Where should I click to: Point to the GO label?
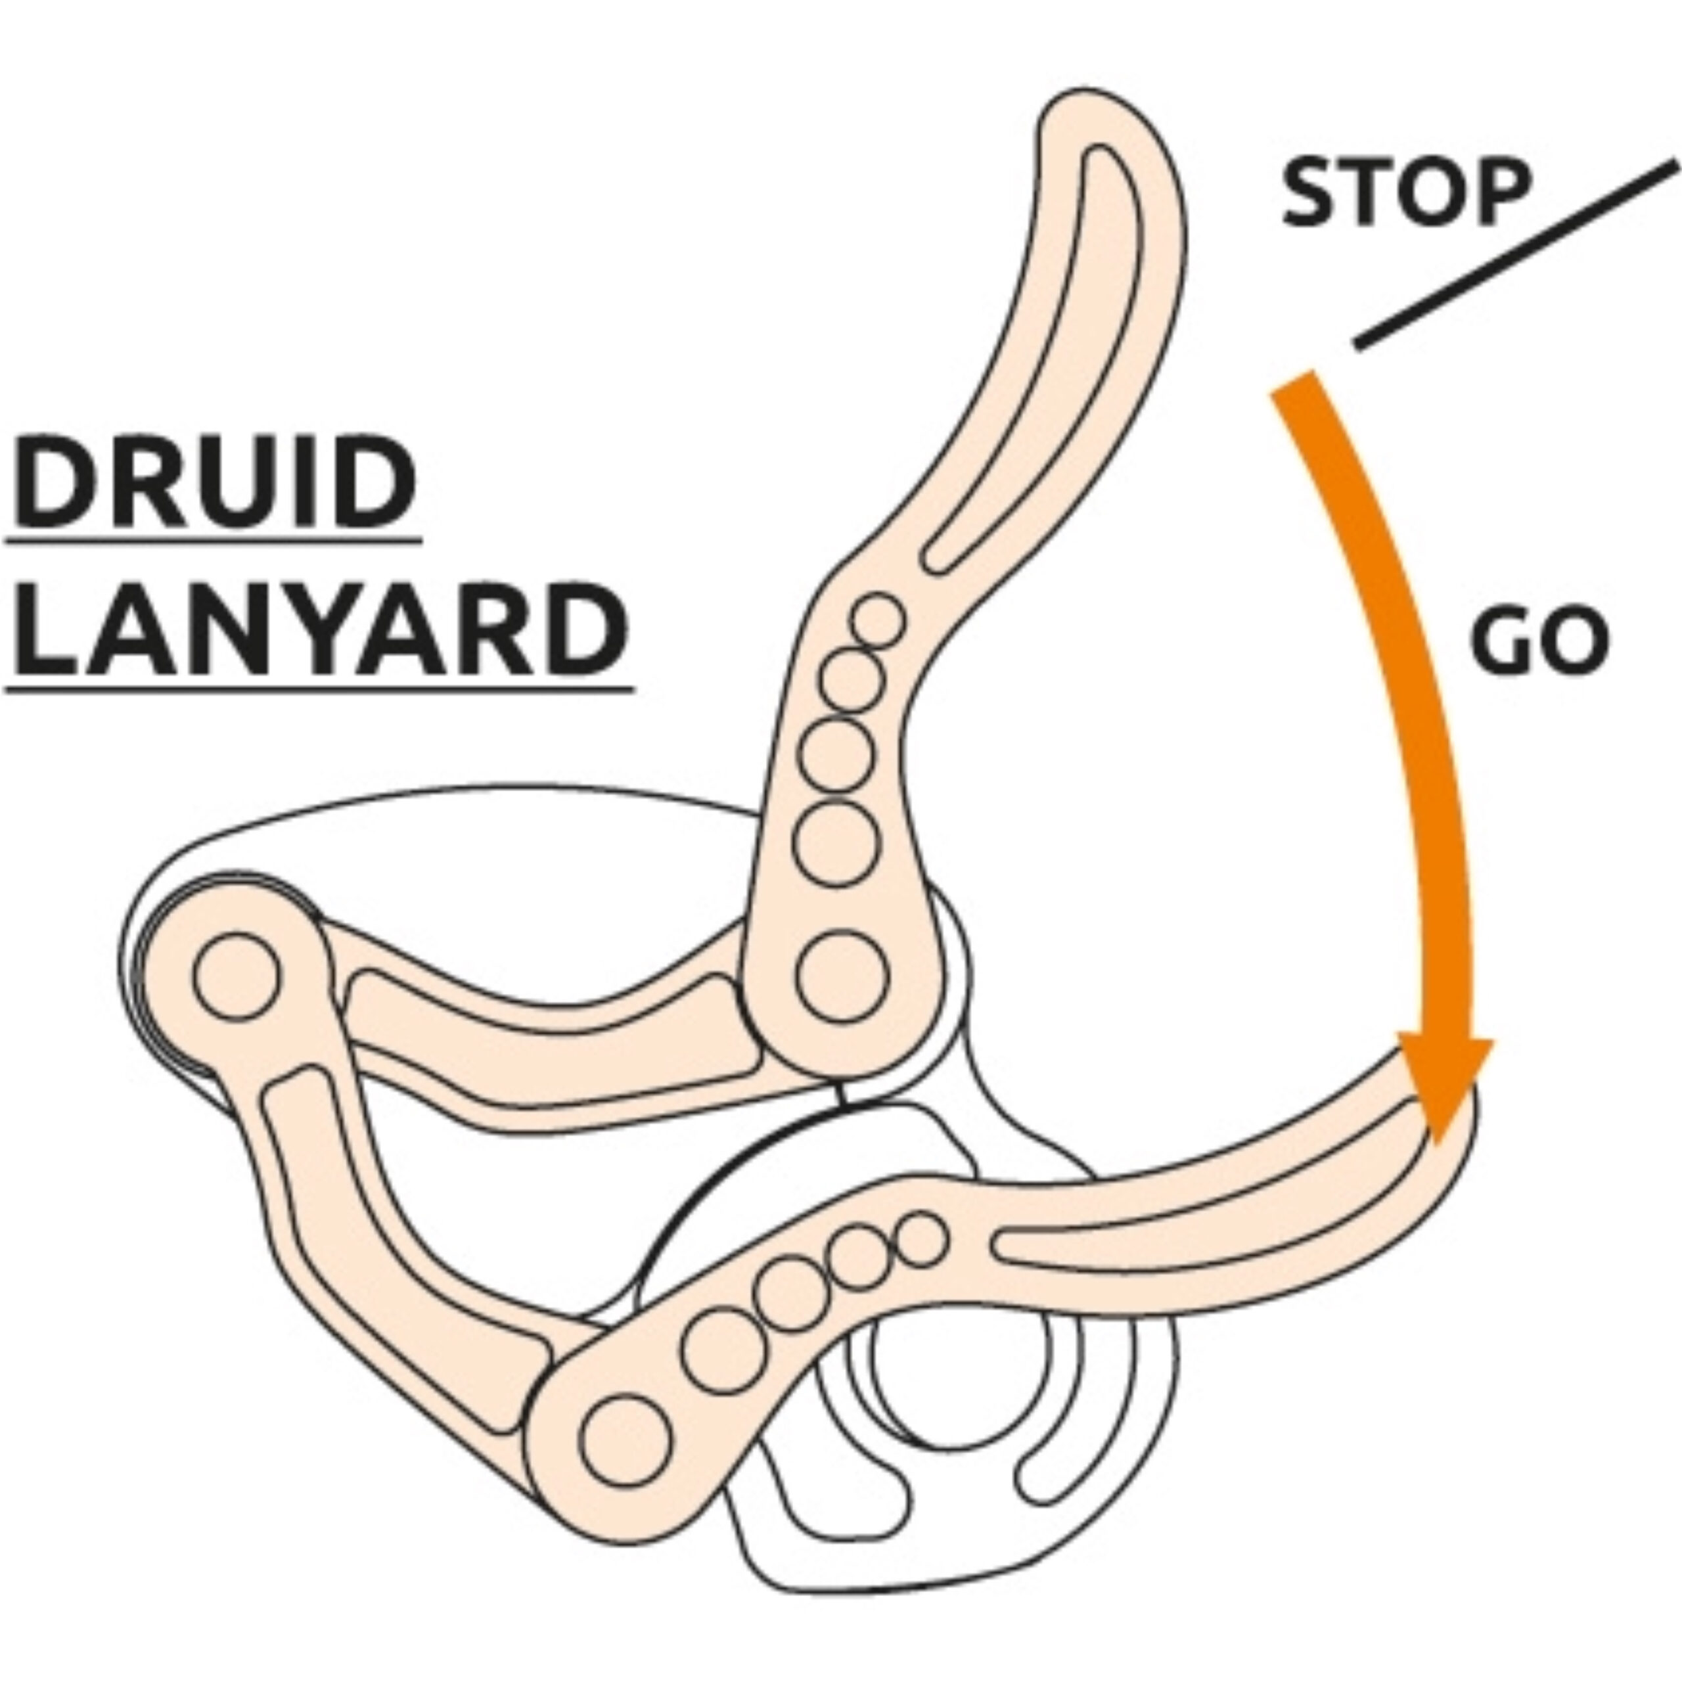pyautogui.click(x=1538, y=642)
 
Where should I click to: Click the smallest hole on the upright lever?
pyautogui.click(x=878, y=621)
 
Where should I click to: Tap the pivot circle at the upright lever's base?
pyautogui.click(x=843, y=975)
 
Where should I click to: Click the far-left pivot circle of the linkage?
pyautogui.click(x=237, y=975)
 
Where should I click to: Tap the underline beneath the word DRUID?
pyautogui.click(x=214, y=541)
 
